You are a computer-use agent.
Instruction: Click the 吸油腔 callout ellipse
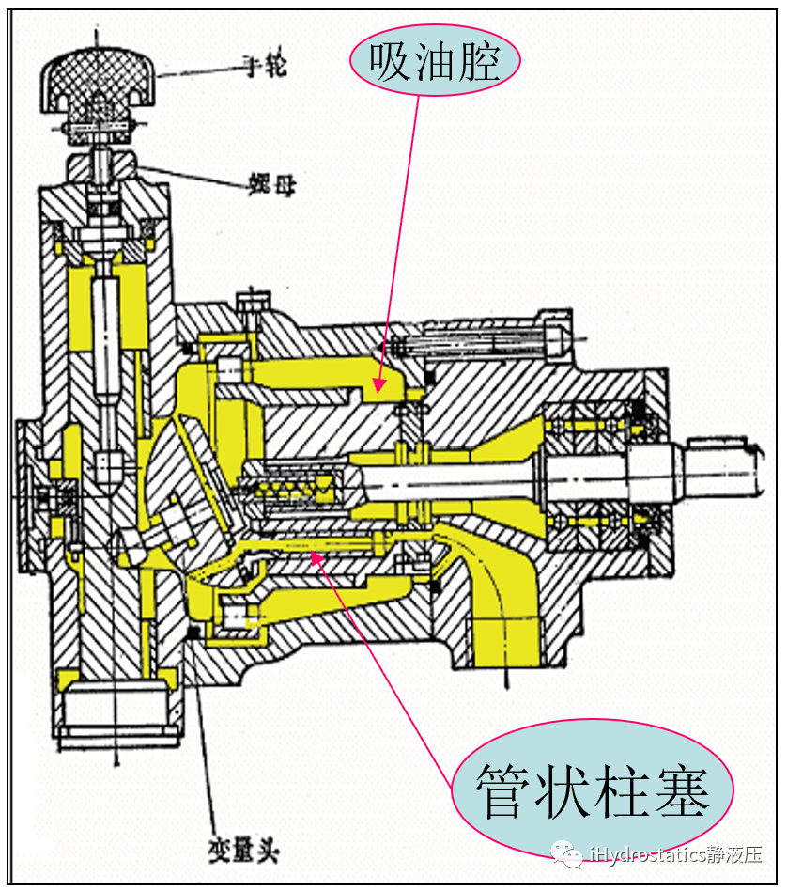tap(435, 62)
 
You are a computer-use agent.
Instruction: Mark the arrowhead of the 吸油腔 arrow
tap(378, 384)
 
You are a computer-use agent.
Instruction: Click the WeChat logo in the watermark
tap(566, 853)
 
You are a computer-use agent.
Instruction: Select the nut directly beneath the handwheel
tap(99, 166)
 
